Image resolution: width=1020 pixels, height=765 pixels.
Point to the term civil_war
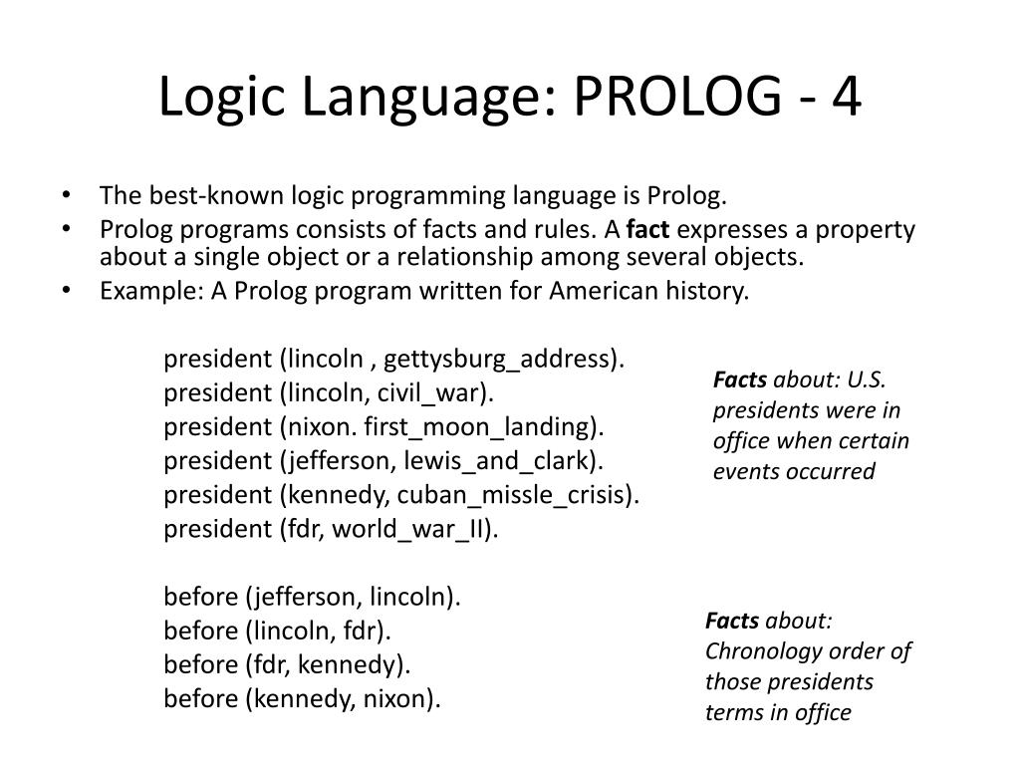(437, 393)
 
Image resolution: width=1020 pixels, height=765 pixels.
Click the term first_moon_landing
(482, 427)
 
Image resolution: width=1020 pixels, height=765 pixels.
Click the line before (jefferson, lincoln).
(313, 598)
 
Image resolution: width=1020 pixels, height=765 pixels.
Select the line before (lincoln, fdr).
(278, 632)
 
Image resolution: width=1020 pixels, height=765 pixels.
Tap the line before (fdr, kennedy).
(287, 664)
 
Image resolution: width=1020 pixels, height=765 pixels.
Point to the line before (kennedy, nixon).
(302, 698)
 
